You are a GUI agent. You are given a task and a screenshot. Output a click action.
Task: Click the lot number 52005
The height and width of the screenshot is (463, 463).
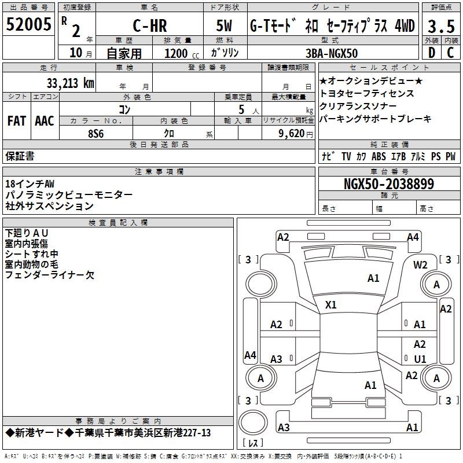pos(28,25)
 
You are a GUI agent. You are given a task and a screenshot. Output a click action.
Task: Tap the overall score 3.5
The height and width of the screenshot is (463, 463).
pos(441,26)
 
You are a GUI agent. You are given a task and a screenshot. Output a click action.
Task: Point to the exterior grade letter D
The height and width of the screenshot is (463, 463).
pos(431,52)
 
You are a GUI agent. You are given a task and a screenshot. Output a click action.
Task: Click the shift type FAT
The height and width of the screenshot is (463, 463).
pos(16,121)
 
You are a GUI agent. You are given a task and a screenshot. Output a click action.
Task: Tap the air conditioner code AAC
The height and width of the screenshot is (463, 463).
pos(45,121)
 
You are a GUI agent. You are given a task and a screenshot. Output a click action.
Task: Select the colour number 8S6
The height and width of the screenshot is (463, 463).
pos(95,134)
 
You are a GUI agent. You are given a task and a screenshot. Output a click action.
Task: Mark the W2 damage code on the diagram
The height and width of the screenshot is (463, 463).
pos(420,264)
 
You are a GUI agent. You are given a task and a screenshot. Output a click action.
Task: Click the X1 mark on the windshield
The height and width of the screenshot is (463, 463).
pos(331,304)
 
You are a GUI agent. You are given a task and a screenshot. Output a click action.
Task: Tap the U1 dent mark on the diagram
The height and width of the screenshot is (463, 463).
pos(420,359)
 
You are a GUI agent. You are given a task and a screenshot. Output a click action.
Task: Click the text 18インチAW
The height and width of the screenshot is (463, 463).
pos(30,184)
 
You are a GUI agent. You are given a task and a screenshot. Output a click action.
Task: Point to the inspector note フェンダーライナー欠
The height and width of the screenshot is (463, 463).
pos(49,275)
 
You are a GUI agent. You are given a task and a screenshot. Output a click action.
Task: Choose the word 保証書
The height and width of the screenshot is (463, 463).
pos(20,156)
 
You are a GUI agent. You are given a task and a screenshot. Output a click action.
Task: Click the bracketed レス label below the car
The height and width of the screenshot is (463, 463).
pos(253,443)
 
